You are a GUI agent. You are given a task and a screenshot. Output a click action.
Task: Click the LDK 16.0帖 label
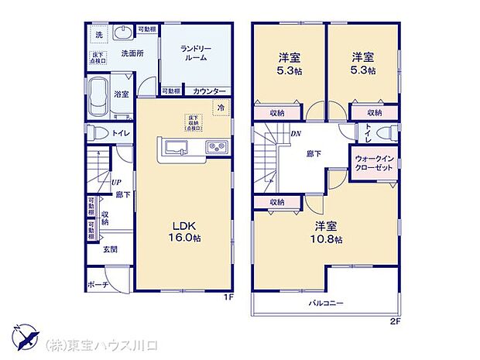coord(184,231)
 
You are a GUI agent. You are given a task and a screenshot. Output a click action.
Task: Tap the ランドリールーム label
coord(196,53)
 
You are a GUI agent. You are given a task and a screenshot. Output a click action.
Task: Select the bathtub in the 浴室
coord(98,97)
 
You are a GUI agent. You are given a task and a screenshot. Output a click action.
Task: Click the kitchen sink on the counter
coord(173,147)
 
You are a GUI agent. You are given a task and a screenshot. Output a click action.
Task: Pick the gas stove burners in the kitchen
coord(214,146)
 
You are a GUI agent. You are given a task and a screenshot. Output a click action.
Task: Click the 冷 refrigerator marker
coord(221,108)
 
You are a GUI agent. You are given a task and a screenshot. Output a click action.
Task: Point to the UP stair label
coord(115,183)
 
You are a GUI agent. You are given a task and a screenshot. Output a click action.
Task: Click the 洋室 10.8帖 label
coord(328,232)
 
